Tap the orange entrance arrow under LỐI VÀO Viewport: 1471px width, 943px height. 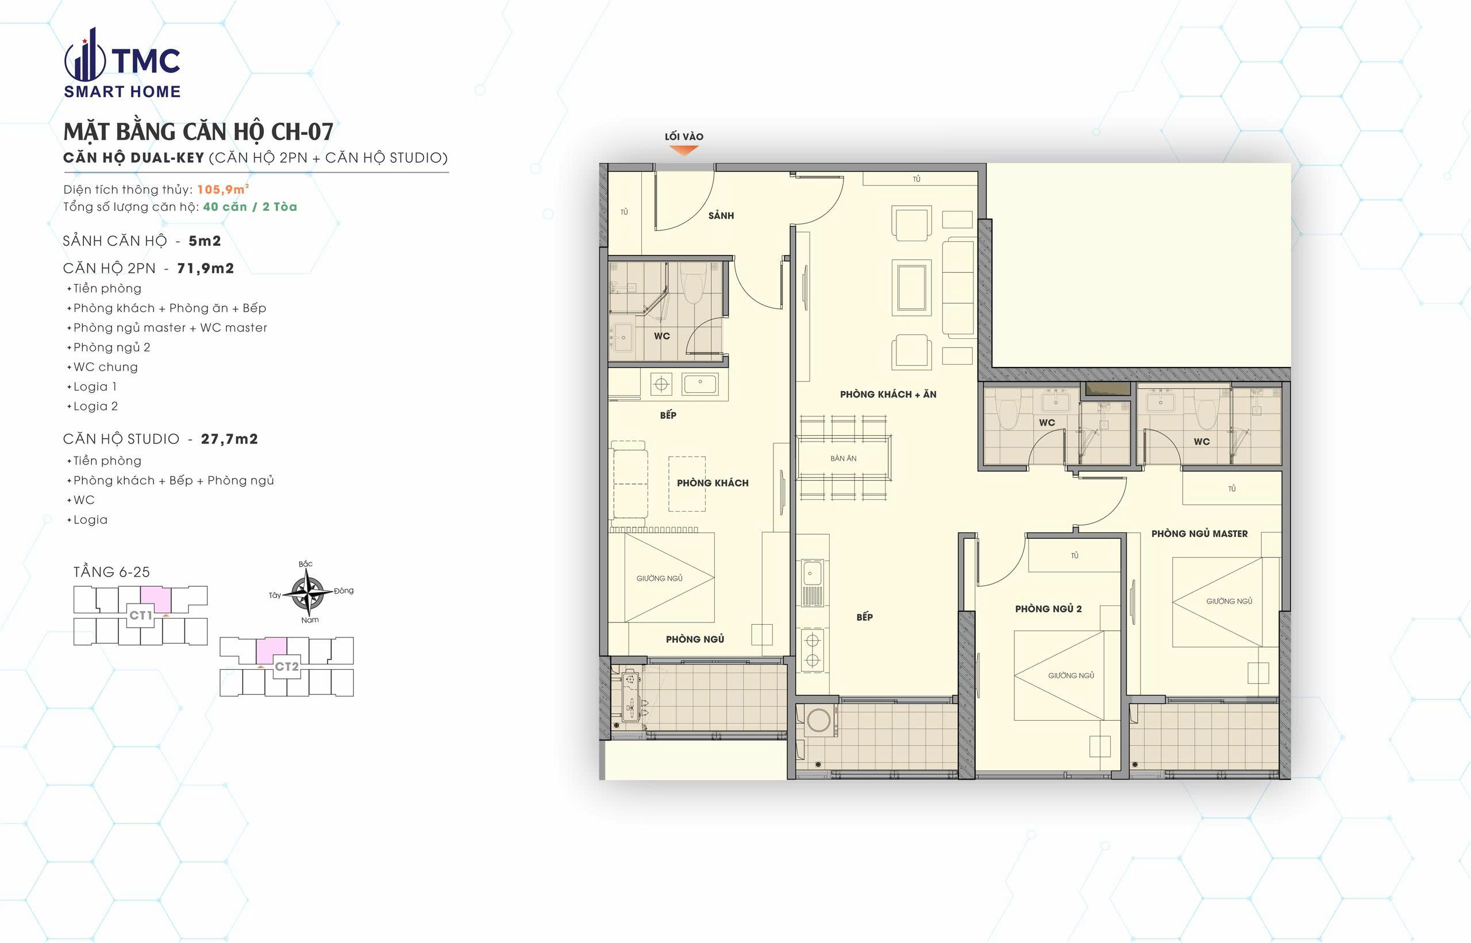tap(684, 150)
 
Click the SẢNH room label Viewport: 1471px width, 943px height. tap(721, 215)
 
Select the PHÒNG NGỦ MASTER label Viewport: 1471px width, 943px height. tap(1199, 534)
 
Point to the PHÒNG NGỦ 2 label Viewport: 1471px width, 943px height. tap(1048, 609)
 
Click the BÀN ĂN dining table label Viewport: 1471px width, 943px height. tap(844, 458)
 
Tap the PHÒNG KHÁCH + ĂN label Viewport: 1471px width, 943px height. tap(888, 395)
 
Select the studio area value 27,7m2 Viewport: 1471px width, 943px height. tap(229, 439)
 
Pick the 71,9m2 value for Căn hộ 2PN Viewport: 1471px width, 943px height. tap(205, 268)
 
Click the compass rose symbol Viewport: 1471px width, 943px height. tap(308, 592)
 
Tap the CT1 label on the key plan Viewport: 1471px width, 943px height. tap(140, 615)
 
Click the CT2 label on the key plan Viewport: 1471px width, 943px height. tap(287, 666)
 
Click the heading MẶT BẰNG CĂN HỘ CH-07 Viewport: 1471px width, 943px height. tap(198, 132)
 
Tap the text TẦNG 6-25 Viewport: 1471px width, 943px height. tap(111, 572)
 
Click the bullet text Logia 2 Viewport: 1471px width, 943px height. tap(95, 406)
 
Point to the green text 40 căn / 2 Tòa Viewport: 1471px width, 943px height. tap(250, 206)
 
